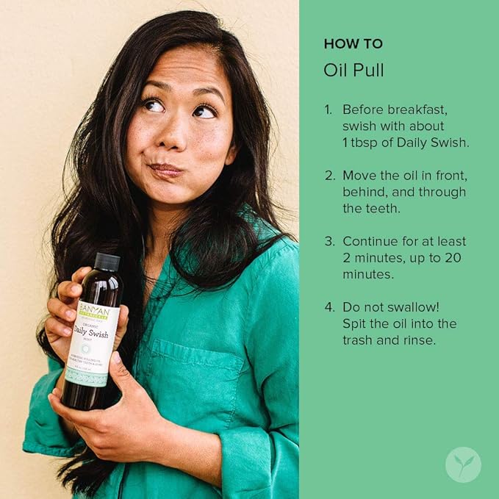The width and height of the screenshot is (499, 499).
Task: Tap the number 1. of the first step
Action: [328, 110]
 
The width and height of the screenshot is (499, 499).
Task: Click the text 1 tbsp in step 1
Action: [362, 143]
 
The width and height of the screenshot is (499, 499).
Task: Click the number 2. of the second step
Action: [329, 176]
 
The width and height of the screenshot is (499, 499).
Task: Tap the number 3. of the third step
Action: [329, 242]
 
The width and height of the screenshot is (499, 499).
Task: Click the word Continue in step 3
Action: [369, 242]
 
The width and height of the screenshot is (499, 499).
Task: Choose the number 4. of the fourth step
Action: [329, 307]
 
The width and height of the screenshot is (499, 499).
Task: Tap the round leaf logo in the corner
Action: [463, 464]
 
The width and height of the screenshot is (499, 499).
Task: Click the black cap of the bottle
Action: [107, 262]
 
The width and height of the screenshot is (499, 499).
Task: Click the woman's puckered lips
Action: [166, 170]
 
